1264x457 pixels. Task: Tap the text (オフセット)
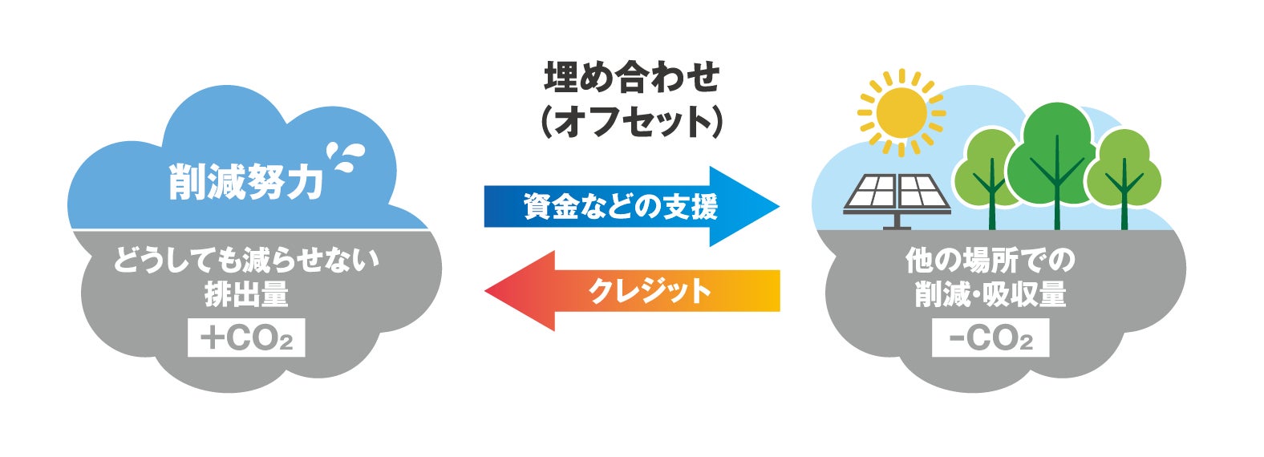coord(632,123)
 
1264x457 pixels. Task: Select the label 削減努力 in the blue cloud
coord(245,183)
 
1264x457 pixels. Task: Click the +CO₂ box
coord(246,338)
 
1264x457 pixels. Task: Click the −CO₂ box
coord(990,338)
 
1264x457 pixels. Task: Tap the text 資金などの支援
coord(620,207)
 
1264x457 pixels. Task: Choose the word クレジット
coord(650,290)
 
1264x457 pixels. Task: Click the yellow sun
coord(901,112)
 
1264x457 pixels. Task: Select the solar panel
coord(897,193)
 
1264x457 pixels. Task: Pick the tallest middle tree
coord(1056,156)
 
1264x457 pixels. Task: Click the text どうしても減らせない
coord(245,261)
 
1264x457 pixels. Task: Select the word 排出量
coord(245,295)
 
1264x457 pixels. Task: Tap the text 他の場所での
coord(990,261)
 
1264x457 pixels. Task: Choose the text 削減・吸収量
coord(990,295)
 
